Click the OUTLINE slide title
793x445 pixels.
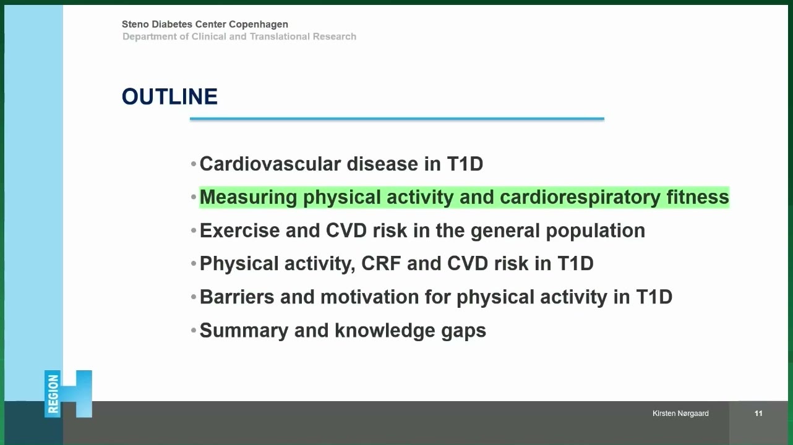click(169, 96)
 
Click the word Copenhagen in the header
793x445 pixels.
click(259, 25)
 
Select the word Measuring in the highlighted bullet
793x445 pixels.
click(249, 197)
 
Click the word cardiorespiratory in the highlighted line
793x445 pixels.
click(580, 197)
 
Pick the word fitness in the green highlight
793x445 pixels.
click(698, 197)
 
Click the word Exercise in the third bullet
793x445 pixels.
click(240, 231)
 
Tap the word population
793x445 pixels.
click(596, 231)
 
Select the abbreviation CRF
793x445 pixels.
click(381, 263)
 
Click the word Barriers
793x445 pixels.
click(237, 297)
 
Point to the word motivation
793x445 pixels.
click(370, 297)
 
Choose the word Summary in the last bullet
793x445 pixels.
click(244, 331)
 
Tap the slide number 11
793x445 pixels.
click(758, 413)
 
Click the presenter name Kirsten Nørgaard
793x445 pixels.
click(680, 413)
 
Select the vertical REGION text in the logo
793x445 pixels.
click(53, 394)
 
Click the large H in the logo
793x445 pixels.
click(76, 394)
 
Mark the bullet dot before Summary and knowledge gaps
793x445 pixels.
click(193, 331)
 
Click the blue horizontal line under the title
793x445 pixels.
click(397, 119)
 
